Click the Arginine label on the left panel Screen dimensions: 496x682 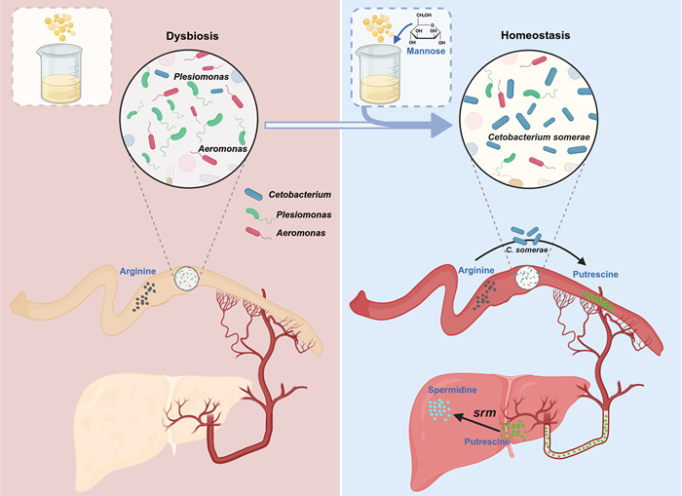pos(138,270)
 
